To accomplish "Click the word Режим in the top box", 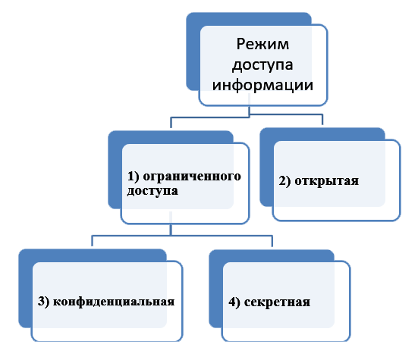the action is pos(262,44).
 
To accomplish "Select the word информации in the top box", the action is pos(262,85).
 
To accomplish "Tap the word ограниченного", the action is pos(192,177).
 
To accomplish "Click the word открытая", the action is pos(326,181).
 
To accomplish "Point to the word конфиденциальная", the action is pos(114,302).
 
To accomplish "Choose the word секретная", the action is pos(277,302).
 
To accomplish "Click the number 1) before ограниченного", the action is pos(134,177).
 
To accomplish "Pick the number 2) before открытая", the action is pos(284,181).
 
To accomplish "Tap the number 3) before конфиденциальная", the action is pos(44,302).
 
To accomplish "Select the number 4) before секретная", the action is pos(234,302).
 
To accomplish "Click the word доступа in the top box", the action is pos(262,65).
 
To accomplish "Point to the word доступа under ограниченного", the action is pos(152,191).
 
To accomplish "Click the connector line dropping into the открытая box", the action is pos(322,120).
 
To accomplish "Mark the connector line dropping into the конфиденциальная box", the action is pos(92,241).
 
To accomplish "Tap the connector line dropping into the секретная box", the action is pos(272,241).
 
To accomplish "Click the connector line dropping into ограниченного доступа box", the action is pos(171,123).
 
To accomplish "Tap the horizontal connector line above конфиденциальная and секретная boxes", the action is pos(182,236).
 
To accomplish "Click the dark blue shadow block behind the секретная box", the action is pos(215,289).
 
